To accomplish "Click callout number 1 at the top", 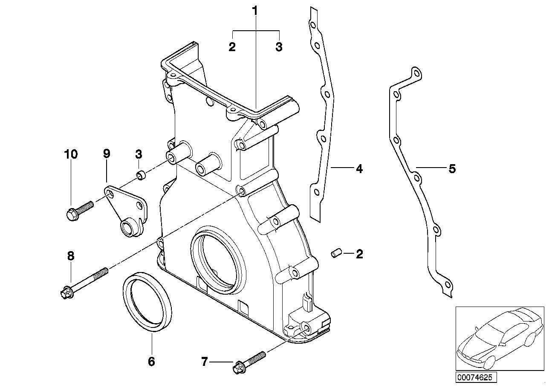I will (x=255, y=11).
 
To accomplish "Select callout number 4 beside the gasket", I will (x=359, y=169).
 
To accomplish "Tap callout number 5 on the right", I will (x=452, y=169).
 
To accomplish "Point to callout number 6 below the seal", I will (x=151, y=362).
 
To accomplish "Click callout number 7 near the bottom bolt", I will (x=205, y=362).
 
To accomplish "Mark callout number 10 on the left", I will (x=71, y=154).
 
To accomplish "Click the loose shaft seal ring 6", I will (x=147, y=303).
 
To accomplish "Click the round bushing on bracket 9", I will (x=127, y=228).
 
